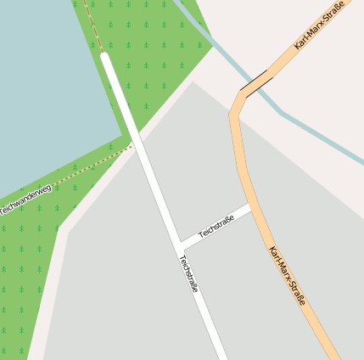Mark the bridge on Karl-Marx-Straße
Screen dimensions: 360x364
point(257,82)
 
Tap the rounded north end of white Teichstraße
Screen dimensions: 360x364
point(105,58)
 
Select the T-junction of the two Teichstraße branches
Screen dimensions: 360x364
point(179,246)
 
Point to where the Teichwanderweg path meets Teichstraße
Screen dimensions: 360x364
point(133,147)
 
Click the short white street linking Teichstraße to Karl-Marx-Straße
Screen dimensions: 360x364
point(216,227)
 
